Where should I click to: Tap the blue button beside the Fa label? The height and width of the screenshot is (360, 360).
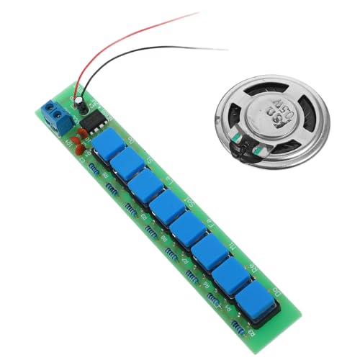point(191,227)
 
